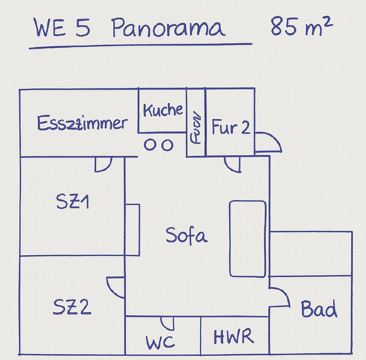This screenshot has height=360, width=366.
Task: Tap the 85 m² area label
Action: (x=302, y=27)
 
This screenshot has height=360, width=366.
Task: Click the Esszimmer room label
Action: (x=82, y=123)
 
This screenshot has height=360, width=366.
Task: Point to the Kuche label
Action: (x=163, y=110)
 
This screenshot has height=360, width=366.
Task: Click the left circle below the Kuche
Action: (x=150, y=145)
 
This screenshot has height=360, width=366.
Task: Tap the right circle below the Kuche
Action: (x=168, y=145)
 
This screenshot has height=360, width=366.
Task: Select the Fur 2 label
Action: (x=231, y=127)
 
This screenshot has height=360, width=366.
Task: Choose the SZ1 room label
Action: (x=72, y=203)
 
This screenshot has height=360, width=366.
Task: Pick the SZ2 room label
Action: (x=72, y=307)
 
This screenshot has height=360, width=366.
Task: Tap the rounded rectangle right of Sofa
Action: (x=248, y=238)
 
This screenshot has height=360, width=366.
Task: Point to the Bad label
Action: (x=319, y=309)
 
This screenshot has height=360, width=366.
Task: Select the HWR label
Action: (x=234, y=337)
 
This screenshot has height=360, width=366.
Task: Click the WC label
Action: (x=160, y=342)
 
